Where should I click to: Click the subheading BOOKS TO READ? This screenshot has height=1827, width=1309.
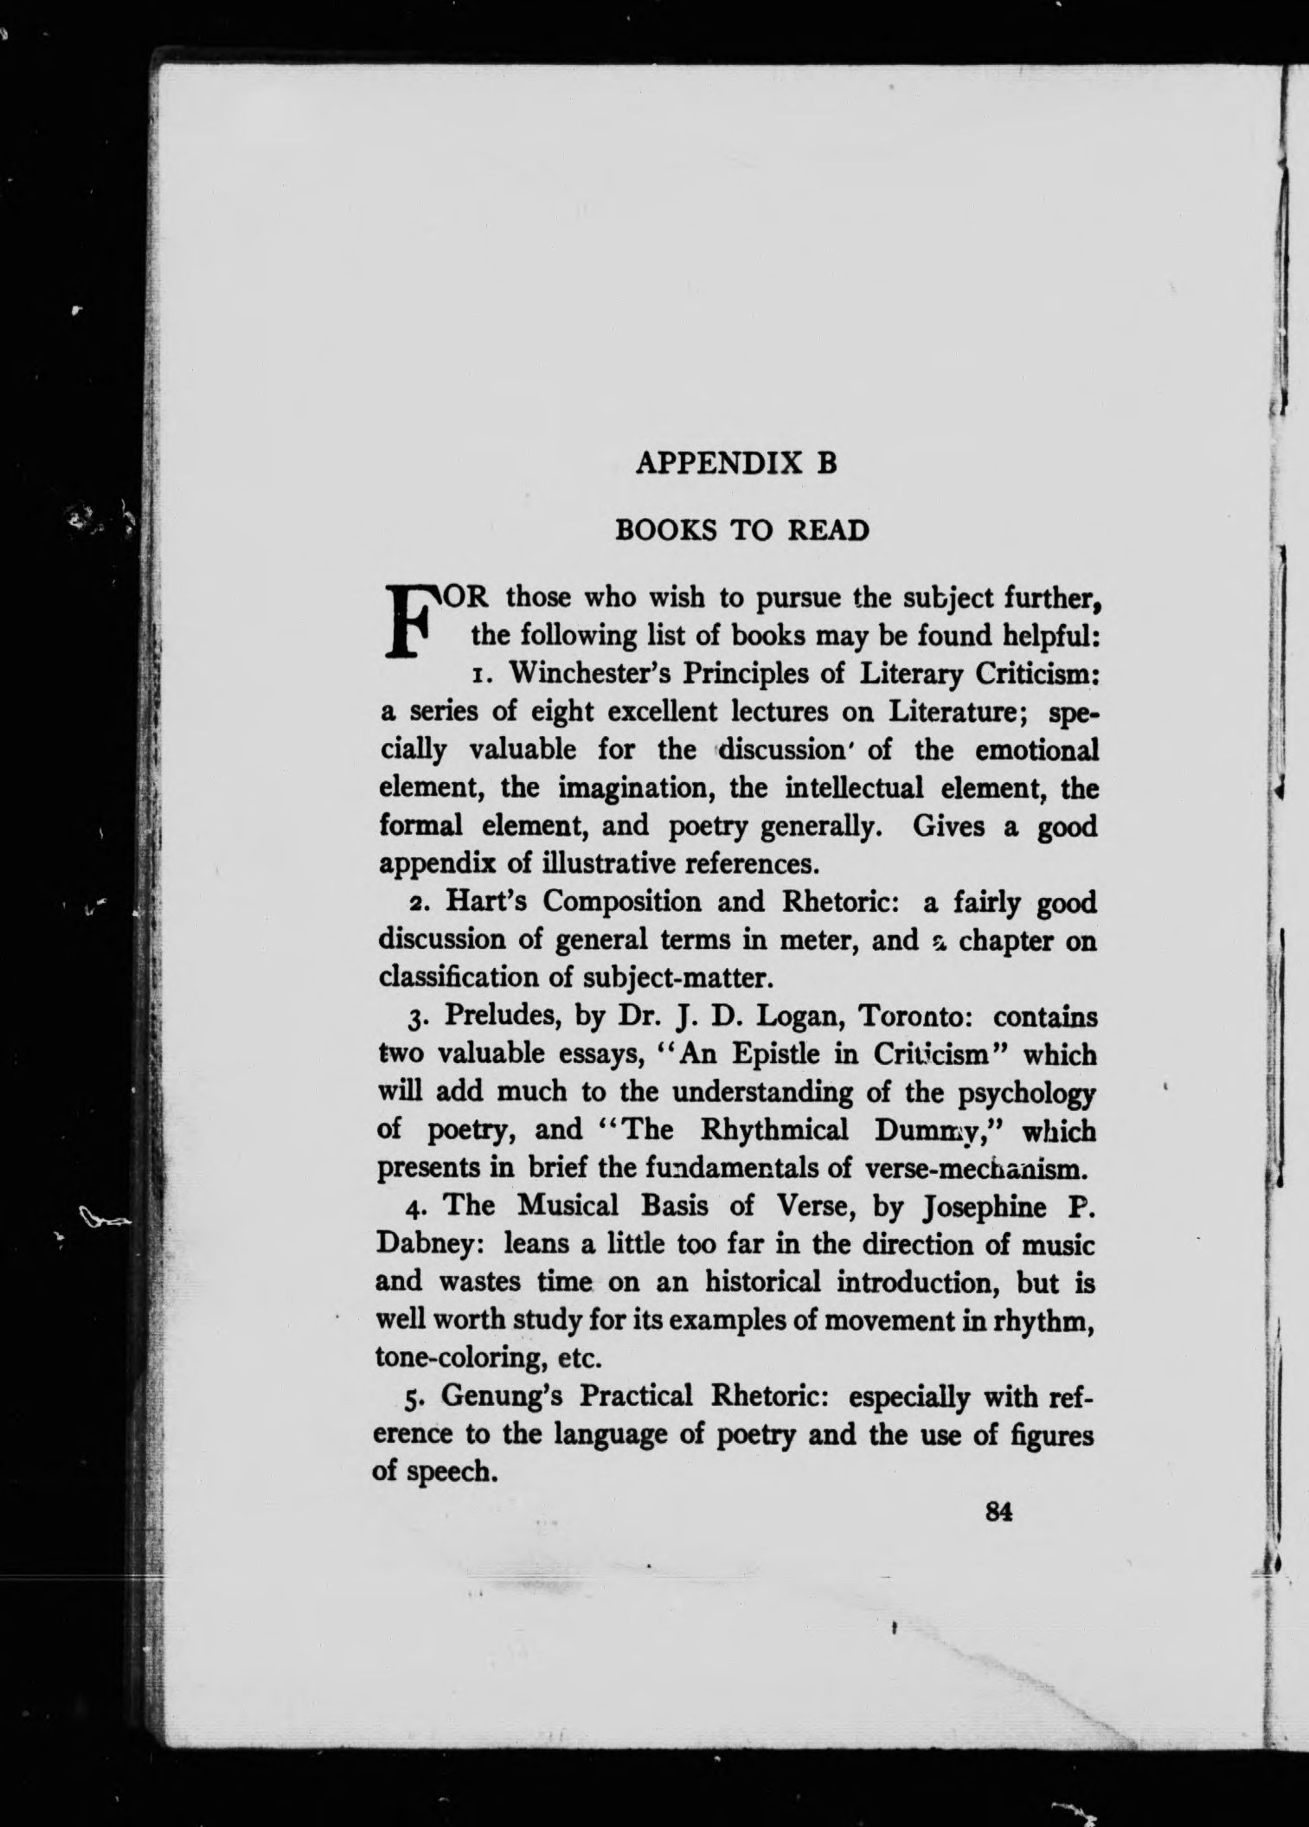(741, 530)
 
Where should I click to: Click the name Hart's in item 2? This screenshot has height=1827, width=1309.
(488, 902)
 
